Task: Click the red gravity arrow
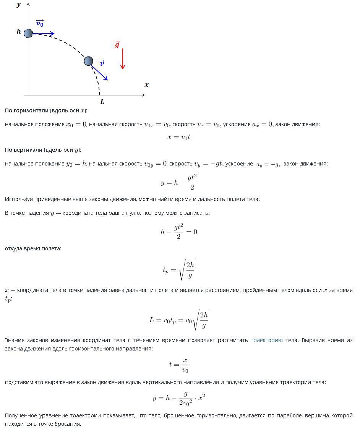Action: point(123,59)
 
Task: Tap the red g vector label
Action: point(117,45)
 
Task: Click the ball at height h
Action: point(28,33)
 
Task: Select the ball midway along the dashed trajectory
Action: point(88,61)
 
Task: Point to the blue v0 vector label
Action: point(40,24)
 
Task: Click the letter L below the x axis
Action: point(102,102)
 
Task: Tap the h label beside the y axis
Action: point(19,32)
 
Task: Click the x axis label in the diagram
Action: point(146,85)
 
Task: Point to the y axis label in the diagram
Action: point(19,5)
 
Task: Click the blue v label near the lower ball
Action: point(102,63)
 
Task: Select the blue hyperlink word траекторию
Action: point(266,340)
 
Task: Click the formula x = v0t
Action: point(179,137)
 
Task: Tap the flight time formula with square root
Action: point(179,270)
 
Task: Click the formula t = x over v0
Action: point(179,365)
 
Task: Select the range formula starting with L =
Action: point(179,320)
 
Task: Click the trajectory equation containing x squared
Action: point(179,398)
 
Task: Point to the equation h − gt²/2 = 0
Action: point(179,232)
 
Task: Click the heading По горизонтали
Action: point(46,110)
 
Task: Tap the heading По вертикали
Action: point(43,150)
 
